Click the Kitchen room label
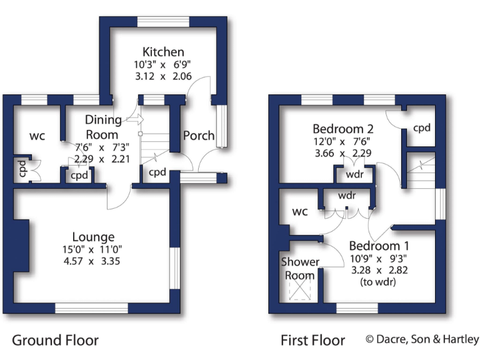click(162, 52)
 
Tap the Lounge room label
click(93, 237)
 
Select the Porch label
click(199, 136)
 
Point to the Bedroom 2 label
click(343, 129)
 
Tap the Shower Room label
click(300, 268)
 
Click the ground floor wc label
click(35, 135)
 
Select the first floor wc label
click(300, 211)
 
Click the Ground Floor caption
click(55, 341)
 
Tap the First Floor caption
click(312, 341)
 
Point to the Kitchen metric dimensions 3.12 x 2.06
click(162, 76)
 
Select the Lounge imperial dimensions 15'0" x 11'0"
click(93, 249)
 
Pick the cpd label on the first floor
click(422, 127)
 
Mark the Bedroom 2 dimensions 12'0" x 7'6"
click(343, 141)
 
